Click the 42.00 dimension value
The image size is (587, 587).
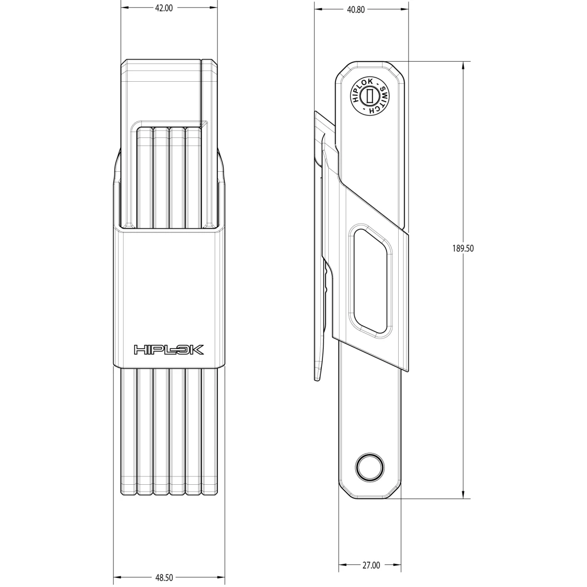pos(162,8)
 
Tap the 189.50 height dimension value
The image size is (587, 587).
pos(463,248)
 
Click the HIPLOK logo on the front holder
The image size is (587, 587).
pos(169,350)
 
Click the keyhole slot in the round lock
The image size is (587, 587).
pos(371,95)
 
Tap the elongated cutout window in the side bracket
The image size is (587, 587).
pos(370,282)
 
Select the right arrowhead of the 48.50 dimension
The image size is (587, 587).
pos(223,577)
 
